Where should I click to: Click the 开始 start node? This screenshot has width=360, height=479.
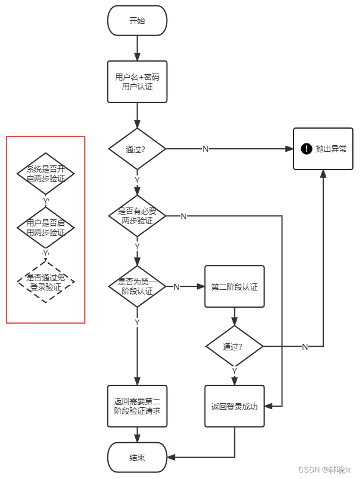137,21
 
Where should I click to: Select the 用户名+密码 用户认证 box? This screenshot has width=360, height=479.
137,81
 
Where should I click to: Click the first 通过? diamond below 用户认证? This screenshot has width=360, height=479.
137,149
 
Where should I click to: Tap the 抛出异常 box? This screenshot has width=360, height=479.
323,149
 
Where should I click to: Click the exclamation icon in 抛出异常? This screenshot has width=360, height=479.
307,149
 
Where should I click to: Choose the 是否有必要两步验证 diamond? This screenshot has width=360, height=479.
137,216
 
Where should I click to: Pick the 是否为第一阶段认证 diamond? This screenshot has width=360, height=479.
137,286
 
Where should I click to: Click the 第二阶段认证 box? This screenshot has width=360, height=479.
234,286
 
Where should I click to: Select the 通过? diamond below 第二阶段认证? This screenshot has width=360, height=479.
234,346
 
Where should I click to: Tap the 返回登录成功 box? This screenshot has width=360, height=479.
234,407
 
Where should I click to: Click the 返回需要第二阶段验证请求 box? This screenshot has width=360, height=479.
137,407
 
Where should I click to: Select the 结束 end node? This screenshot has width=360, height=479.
137,458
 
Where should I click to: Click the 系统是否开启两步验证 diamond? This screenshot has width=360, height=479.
46,174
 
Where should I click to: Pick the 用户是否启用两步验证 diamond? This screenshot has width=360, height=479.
46,228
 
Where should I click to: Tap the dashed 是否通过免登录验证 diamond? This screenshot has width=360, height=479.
46,282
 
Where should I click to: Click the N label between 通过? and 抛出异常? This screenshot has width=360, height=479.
205,149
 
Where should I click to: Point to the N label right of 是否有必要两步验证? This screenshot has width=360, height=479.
183,216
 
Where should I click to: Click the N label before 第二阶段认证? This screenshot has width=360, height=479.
176,287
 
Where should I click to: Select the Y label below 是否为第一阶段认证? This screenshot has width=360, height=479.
137,322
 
